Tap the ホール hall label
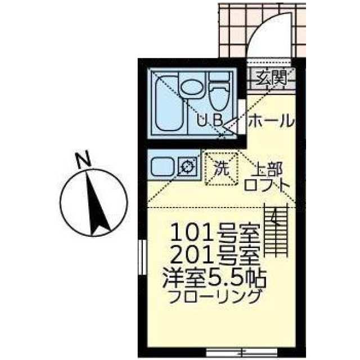pyautogui.click(x=269, y=120)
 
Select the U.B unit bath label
pyautogui.click(x=211, y=119)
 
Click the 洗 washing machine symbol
pyautogui.click(x=220, y=167)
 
